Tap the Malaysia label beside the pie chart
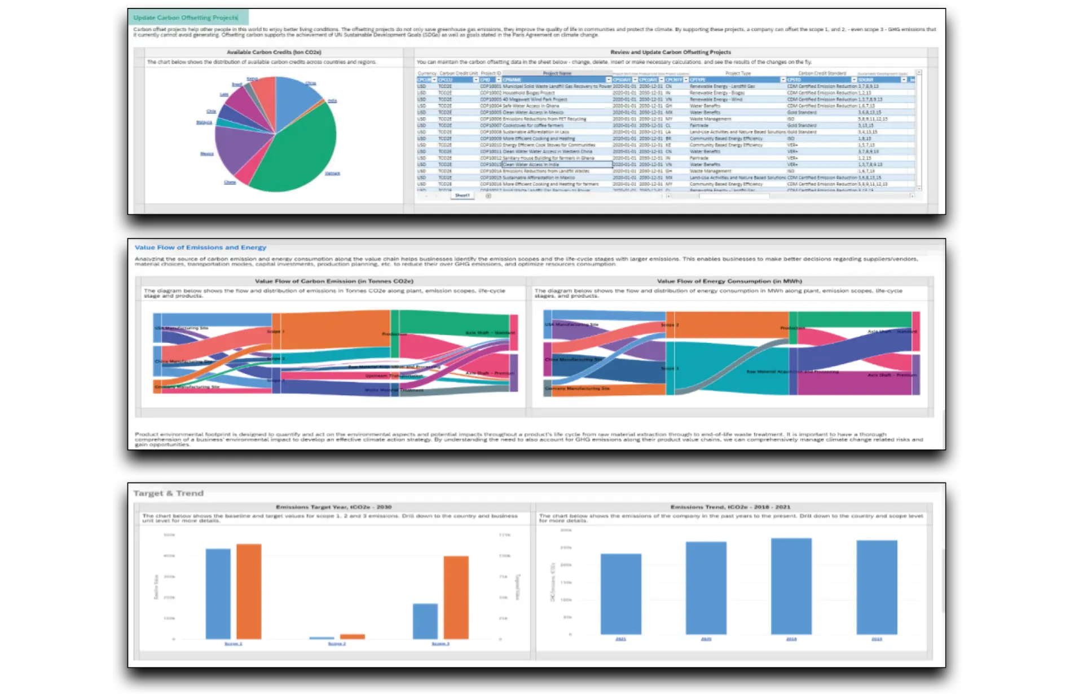[204, 122]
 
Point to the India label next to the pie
[332, 101]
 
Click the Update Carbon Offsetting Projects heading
[186, 17]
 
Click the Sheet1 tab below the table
[462, 196]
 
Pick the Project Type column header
[738, 73]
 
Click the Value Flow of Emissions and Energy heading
[200, 247]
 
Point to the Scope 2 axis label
[337, 644]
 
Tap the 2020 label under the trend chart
[706, 639]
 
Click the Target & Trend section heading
[169, 493]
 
